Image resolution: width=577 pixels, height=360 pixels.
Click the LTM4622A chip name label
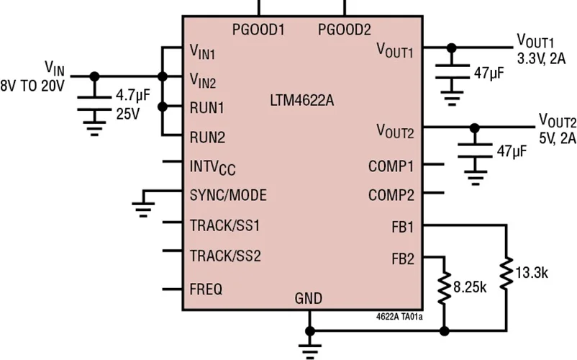pos(301,101)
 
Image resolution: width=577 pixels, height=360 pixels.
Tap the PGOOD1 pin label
pos(258,30)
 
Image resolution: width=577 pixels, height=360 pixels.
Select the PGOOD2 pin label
pos(345,30)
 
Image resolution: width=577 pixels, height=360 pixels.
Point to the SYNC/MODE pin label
pos(228,195)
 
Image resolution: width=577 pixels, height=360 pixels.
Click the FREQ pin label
pos(206,289)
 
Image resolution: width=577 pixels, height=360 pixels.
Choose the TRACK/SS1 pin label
pos(225,225)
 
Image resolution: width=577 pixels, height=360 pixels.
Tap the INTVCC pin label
pos(212,168)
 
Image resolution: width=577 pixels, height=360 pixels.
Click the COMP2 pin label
pos(391,195)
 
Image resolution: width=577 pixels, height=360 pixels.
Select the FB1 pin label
pos(403,227)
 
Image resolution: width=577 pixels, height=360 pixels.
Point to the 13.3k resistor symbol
pos(506,273)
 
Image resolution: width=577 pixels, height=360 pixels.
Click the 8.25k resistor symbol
pos(444,287)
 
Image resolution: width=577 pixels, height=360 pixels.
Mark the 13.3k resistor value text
pos(532,273)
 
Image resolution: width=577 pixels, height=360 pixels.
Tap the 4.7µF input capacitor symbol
pos(94,104)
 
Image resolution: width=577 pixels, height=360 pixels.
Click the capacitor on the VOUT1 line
pos(453,72)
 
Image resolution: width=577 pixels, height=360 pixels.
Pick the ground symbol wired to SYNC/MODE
pos(143,210)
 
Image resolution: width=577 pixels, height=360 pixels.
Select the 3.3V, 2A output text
pos(541,59)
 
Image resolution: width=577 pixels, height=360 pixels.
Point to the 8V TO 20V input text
pos(32,86)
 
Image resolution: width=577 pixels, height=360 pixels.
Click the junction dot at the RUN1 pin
pos(163,107)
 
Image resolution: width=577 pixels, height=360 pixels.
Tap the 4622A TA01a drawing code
pos(399,317)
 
